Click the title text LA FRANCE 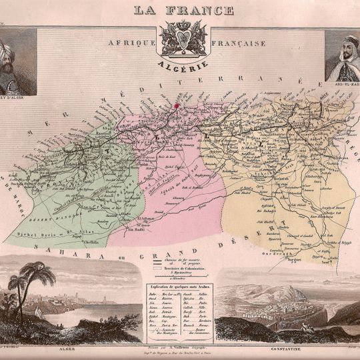click(184, 10)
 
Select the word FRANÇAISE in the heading click(238, 43)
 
